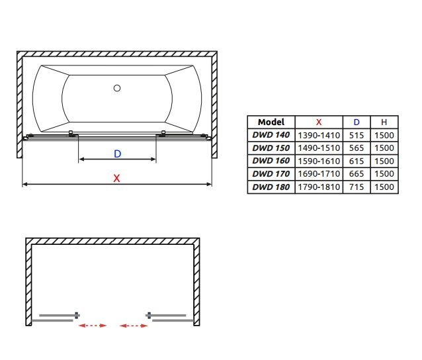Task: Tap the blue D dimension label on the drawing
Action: pyautogui.click(x=118, y=154)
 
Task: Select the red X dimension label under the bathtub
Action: pyautogui.click(x=116, y=178)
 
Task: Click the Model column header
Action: pyautogui.click(x=271, y=122)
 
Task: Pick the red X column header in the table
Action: pyautogui.click(x=319, y=122)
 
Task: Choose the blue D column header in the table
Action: pyautogui.click(x=357, y=122)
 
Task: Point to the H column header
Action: pyautogui.click(x=384, y=122)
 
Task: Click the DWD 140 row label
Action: pyautogui.click(x=271, y=135)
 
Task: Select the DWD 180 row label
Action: pyautogui.click(x=271, y=187)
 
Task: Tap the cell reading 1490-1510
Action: pyautogui.click(x=319, y=148)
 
